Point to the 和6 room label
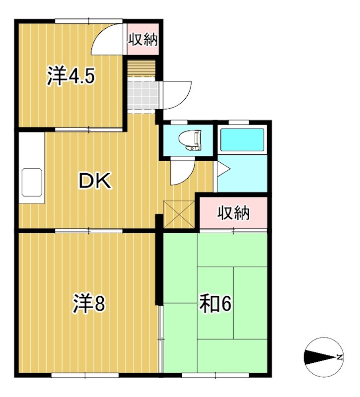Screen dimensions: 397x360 [x=216, y=304]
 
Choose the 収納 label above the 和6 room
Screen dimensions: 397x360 [x=233, y=213]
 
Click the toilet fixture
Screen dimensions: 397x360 [x=191, y=140]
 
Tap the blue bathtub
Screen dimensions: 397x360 [x=242, y=140]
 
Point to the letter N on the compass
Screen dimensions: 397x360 [x=339, y=356]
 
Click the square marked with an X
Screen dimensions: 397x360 [x=179, y=213]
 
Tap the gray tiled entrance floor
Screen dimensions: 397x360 [x=142, y=93]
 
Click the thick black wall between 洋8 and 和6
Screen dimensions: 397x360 [x=159, y=263]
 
